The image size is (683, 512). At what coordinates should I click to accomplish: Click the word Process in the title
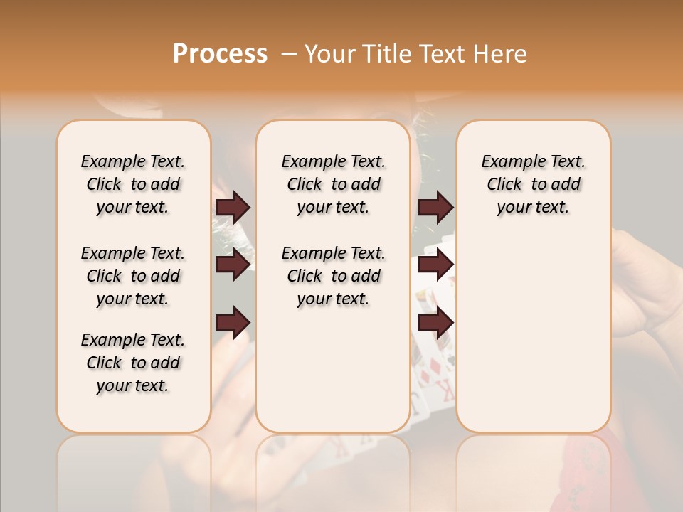pos(220,54)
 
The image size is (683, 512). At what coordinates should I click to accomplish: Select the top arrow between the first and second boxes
pos(233,208)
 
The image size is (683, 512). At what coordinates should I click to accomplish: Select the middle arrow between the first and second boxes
pos(233,265)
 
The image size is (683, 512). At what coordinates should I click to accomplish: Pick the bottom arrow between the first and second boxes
pos(233,322)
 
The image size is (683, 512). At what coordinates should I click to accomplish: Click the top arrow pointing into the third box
pos(435,208)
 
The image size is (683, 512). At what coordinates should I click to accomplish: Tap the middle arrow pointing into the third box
pos(435,265)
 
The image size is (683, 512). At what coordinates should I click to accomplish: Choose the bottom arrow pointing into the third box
pos(435,322)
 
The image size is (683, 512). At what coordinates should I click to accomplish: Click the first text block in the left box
pos(133,184)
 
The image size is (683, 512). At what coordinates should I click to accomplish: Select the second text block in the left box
pos(133,276)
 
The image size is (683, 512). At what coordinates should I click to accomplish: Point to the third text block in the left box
pos(133,363)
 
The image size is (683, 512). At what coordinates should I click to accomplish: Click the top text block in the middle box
pos(333,184)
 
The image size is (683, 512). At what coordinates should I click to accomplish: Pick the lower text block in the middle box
pos(333,276)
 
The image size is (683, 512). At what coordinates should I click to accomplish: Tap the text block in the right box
pos(533,184)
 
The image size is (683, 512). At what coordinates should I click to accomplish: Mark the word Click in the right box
pos(504,185)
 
